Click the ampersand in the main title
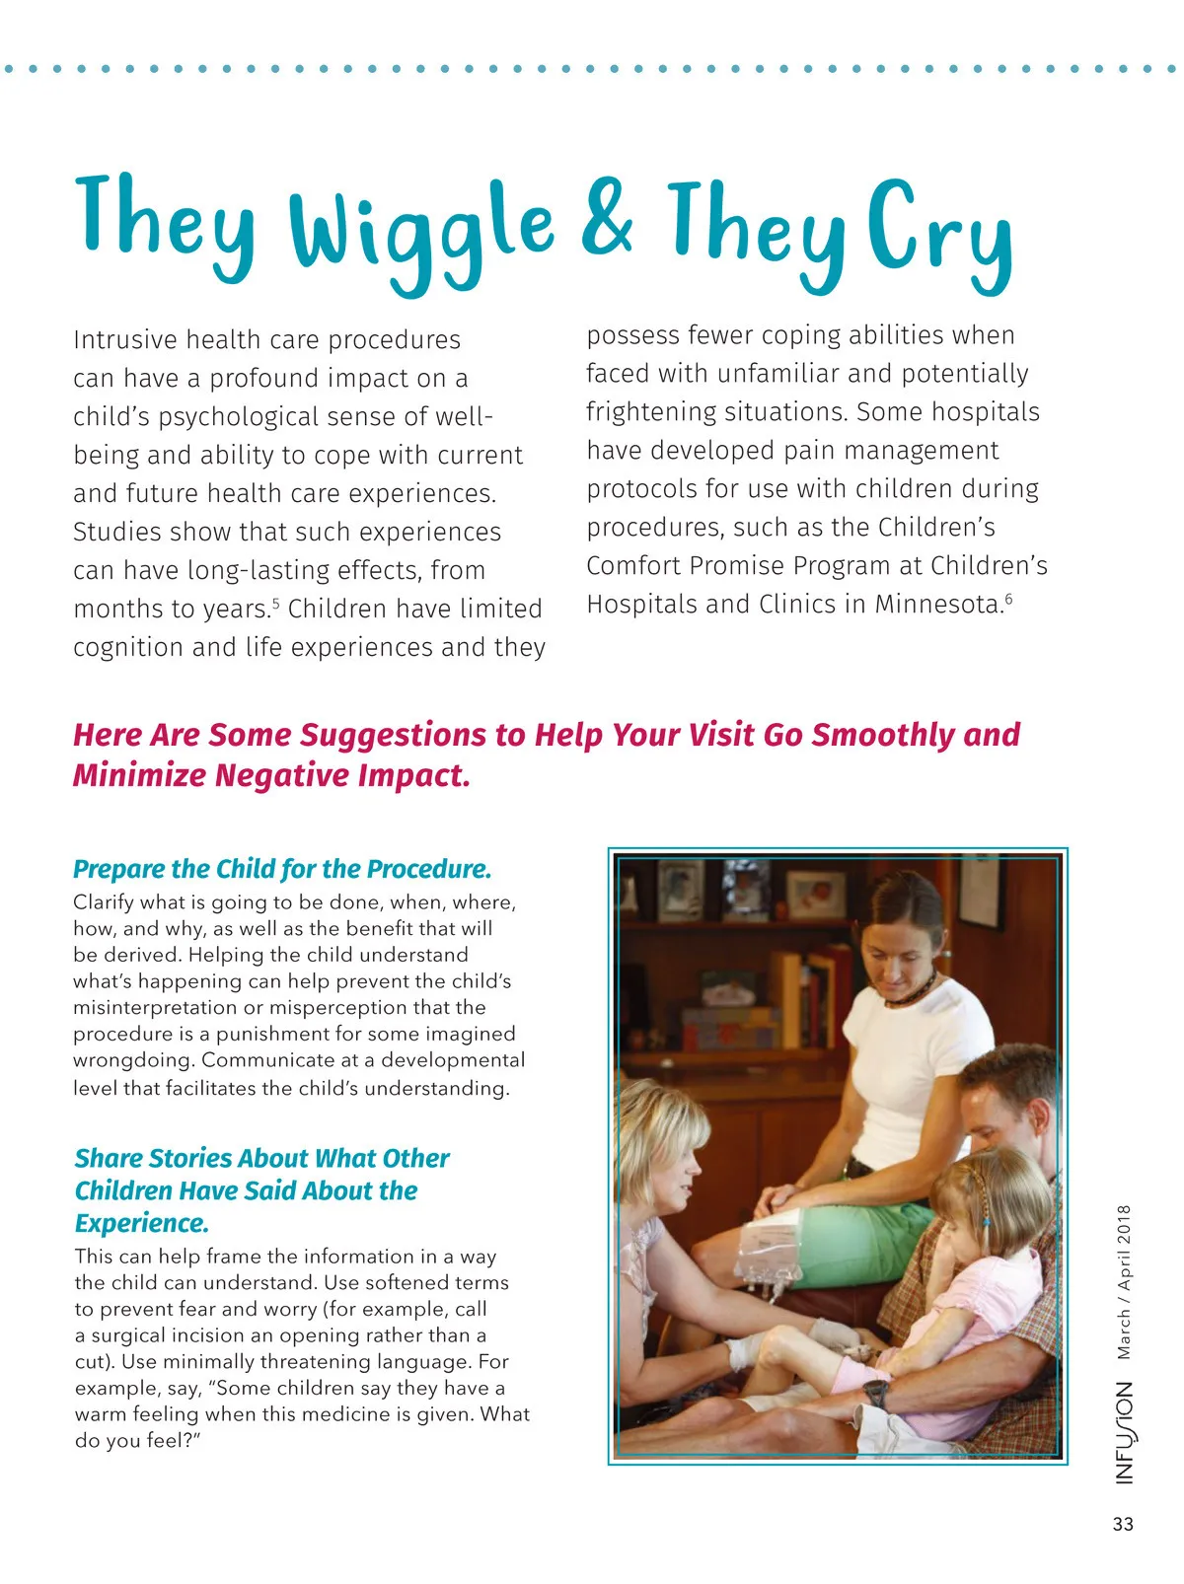click(606, 218)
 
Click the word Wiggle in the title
click(421, 232)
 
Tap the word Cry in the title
click(940, 231)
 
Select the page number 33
click(1123, 1524)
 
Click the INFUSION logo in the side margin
click(1125, 1432)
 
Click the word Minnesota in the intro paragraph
click(938, 604)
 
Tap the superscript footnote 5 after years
click(276, 602)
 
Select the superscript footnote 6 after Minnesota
click(1008, 598)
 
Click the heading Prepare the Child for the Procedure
click(282, 869)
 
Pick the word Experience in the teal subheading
click(141, 1223)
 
